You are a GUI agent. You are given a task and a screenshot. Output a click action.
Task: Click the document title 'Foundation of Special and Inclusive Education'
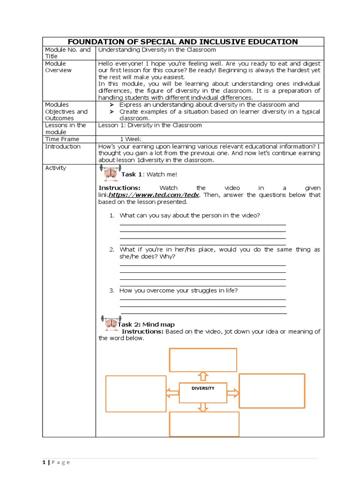point(183,42)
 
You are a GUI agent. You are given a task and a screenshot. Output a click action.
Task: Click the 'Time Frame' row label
point(62,139)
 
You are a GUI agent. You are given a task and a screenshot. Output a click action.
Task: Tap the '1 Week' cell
point(131,139)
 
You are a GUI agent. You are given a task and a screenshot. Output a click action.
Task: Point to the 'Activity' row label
point(55,168)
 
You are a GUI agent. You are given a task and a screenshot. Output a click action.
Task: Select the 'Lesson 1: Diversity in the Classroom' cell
point(150,125)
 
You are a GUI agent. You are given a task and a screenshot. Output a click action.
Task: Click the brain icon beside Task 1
point(111,173)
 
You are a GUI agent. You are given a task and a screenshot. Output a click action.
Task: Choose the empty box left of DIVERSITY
point(136,393)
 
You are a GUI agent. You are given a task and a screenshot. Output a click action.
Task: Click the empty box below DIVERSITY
point(204,424)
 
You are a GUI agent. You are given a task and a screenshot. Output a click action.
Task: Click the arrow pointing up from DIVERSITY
point(202,376)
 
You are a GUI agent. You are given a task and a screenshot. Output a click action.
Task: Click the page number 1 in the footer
point(44,462)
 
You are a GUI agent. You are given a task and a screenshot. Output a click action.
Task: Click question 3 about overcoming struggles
point(179,291)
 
